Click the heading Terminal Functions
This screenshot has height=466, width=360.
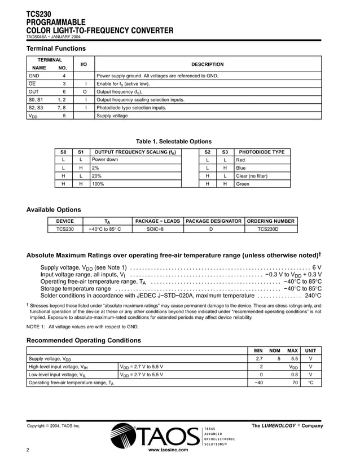[x=56, y=49]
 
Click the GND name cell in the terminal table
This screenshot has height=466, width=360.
[x=34, y=76]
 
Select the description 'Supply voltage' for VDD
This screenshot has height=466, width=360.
[x=112, y=116]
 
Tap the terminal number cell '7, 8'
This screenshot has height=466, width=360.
[x=63, y=108]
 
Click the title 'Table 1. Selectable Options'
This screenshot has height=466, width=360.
[x=174, y=142]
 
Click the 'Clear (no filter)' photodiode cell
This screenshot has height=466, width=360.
[x=252, y=175]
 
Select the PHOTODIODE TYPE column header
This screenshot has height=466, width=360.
[x=262, y=152]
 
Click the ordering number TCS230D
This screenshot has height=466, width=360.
[x=268, y=229]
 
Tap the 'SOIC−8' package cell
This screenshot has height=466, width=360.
[x=154, y=229]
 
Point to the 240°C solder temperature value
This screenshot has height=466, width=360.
[x=313, y=295]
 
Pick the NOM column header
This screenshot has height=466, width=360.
[x=275, y=350]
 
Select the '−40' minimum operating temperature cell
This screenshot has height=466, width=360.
[x=259, y=383]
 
